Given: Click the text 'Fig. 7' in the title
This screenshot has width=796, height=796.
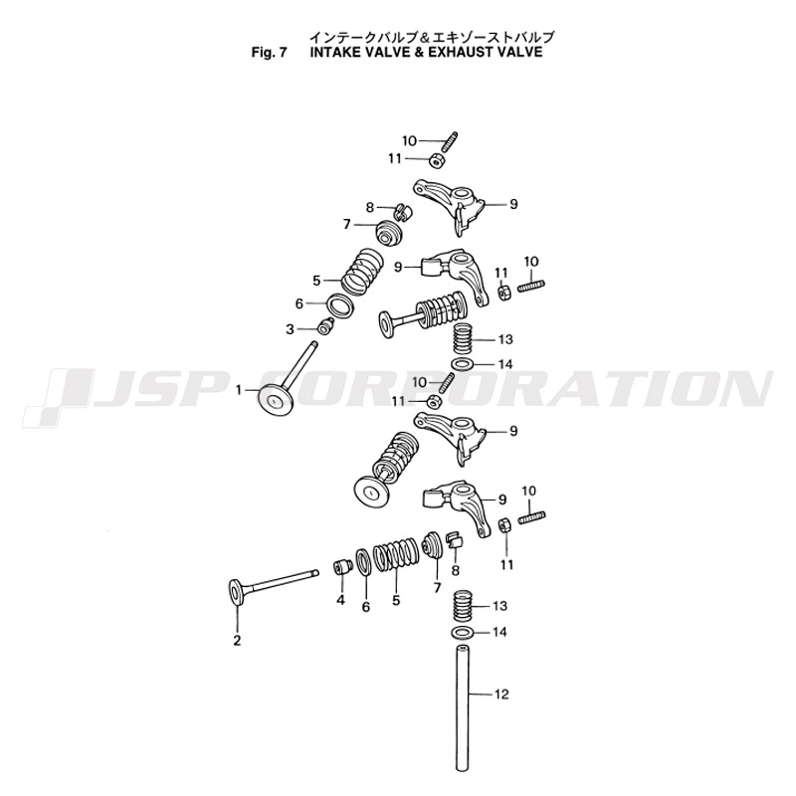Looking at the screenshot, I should (x=270, y=53).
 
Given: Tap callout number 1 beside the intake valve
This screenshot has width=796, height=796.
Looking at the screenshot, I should (x=239, y=391).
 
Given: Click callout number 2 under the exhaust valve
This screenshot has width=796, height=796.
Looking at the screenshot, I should (x=237, y=640).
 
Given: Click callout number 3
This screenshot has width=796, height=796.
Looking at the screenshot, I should (x=291, y=329).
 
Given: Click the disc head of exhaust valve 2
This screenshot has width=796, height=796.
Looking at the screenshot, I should (x=235, y=593).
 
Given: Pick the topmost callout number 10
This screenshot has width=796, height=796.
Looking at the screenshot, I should (x=409, y=140).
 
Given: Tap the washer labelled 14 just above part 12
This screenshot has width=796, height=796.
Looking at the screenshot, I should (x=461, y=633).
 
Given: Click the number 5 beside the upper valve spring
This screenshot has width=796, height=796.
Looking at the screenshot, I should (x=316, y=281).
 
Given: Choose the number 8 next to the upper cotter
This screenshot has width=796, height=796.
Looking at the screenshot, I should (x=369, y=207).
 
